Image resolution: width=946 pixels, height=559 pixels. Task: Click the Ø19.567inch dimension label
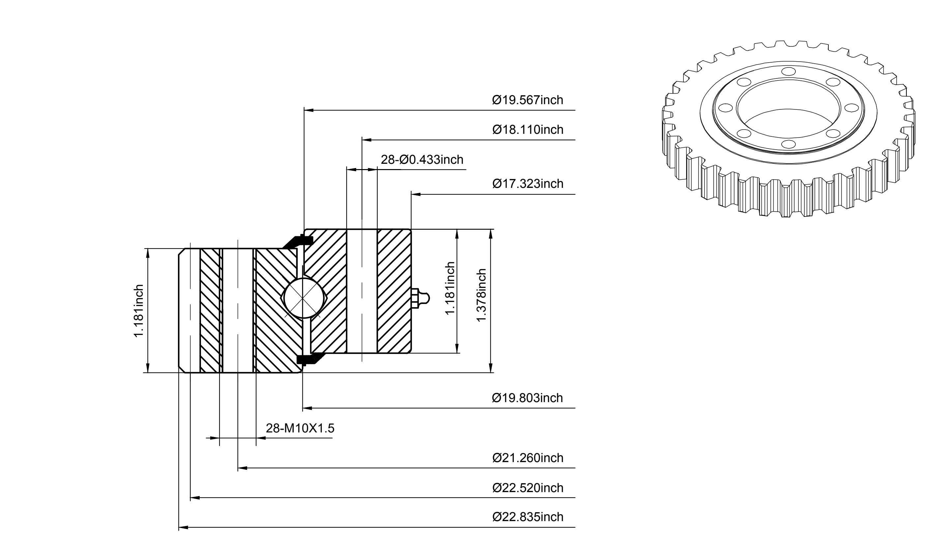pos(528,100)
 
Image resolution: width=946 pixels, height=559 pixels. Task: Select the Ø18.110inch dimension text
pos(528,130)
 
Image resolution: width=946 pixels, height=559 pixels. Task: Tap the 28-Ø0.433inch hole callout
pos(422,160)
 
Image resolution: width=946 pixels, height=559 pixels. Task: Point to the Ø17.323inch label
pos(528,184)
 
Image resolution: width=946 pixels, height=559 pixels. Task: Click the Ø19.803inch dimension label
pos(527,398)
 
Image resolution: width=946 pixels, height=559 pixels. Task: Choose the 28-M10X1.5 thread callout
pos(300,428)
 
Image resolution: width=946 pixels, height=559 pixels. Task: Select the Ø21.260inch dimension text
pos(528,458)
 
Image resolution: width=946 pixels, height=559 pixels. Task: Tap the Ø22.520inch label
pos(528,488)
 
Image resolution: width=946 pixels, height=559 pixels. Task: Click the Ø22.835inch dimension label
pos(528,517)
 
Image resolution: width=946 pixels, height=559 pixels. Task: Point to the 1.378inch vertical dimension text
pos(482,295)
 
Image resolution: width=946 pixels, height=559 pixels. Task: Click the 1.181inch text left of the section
pos(139,311)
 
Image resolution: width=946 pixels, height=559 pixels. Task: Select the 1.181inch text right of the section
pos(450,288)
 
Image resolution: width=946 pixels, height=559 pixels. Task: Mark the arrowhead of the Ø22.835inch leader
pos(183,527)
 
